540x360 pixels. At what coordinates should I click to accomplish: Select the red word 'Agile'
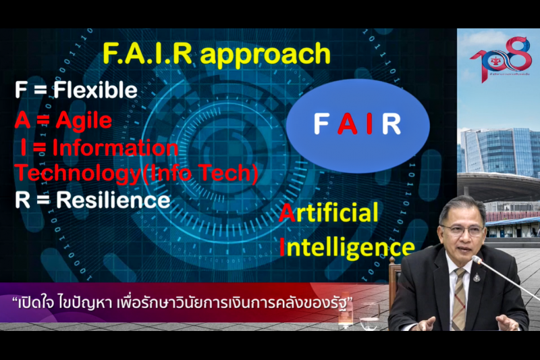(x=84, y=120)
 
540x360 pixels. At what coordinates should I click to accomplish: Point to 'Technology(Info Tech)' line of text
(x=137, y=173)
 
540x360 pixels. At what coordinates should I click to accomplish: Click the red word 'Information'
(x=115, y=147)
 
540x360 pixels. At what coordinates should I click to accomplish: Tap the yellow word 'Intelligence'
(x=346, y=247)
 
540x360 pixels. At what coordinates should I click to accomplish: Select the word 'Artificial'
(x=329, y=214)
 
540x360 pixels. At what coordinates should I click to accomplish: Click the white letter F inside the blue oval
(x=321, y=124)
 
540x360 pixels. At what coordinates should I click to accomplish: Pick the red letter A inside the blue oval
(x=346, y=124)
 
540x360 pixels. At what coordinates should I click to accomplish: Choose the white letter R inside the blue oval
(x=391, y=124)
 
